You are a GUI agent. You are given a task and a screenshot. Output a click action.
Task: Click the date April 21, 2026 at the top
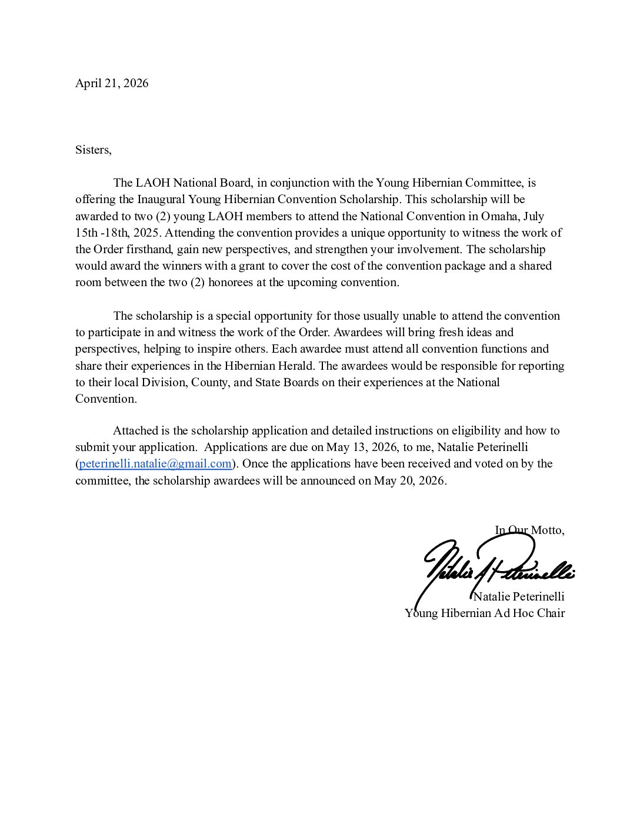coord(112,83)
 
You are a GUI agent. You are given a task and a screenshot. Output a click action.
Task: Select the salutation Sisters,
coord(93,150)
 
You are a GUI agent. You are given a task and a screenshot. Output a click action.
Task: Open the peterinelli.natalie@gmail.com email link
coord(155,463)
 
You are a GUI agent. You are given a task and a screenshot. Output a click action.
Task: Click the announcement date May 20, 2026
coord(409,480)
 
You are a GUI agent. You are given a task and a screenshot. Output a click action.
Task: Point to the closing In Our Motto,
coord(529,530)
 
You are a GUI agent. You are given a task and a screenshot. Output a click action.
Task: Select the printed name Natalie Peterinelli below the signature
coord(519,596)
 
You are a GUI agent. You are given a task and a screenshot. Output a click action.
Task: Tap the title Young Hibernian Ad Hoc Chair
coord(485,613)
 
